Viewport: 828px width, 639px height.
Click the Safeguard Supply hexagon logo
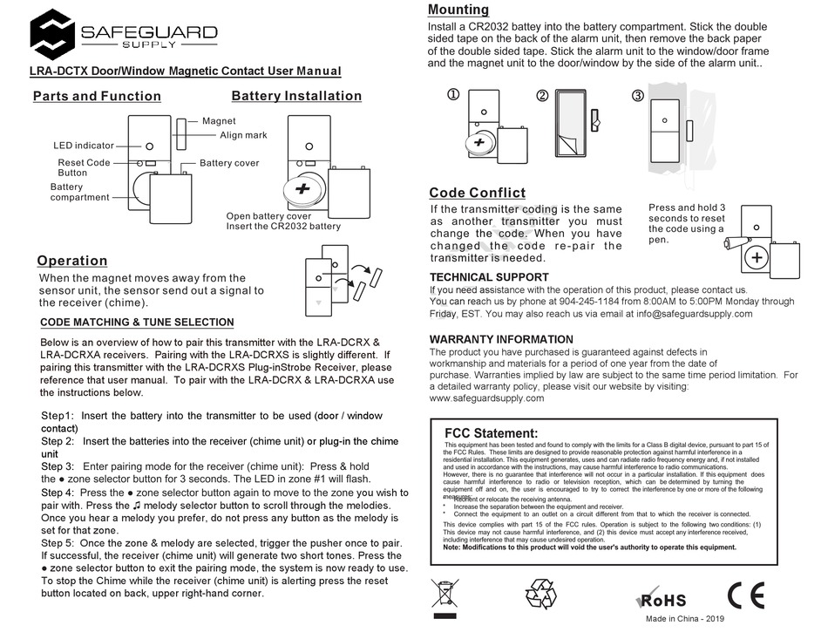51,34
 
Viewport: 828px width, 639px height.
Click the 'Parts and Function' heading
97,96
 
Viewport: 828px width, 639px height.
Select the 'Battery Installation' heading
296,96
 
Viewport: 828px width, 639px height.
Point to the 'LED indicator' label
84,146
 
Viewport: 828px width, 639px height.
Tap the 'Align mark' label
243,135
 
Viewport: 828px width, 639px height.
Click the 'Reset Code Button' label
84,167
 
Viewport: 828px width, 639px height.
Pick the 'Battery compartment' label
79,192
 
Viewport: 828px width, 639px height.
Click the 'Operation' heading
72,261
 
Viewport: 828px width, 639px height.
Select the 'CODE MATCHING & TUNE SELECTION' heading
137,323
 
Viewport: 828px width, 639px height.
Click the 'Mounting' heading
458,10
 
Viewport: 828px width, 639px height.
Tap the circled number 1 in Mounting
453,95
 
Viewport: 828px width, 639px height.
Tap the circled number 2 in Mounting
542,95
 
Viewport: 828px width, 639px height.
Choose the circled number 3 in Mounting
637,95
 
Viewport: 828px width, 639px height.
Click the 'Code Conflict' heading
477,193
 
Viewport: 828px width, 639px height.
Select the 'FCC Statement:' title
491,433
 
